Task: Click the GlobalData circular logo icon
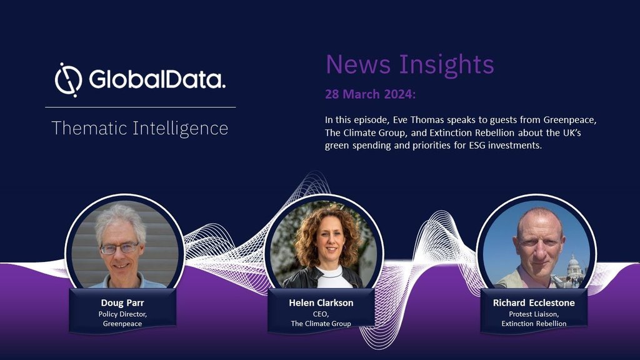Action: [68, 79]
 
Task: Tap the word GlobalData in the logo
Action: [157, 79]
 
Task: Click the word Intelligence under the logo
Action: [180, 129]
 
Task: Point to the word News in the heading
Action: [359, 64]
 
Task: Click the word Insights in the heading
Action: [446, 65]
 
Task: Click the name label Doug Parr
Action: [122, 303]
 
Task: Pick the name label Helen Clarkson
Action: [321, 303]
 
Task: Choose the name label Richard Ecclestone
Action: [534, 303]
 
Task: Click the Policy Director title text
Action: [122, 314]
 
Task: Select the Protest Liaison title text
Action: [534, 314]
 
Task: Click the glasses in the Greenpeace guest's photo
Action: [119, 248]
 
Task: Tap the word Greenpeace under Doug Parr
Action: [122, 324]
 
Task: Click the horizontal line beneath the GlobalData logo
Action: [141, 107]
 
